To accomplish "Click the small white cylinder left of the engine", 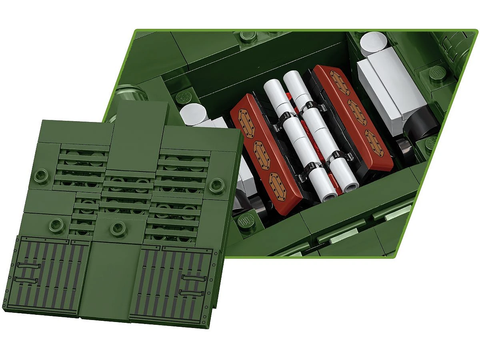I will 194,114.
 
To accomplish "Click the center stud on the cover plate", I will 118,229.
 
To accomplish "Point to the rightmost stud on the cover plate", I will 216,184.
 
